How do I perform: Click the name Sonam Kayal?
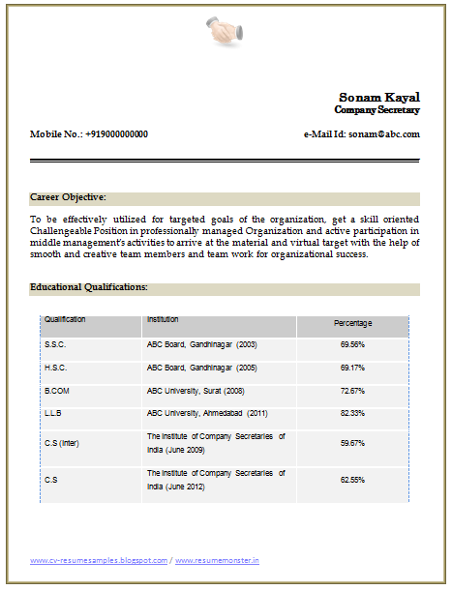(378, 97)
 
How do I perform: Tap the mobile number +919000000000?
(116, 134)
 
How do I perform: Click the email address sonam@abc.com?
(384, 134)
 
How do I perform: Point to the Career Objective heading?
(68, 196)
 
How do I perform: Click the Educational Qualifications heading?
(89, 287)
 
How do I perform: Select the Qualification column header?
(65, 319)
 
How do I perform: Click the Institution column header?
(163, 319)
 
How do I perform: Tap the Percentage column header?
(352, 323)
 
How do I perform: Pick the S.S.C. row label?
(55, 344)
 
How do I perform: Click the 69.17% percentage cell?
(352, 368)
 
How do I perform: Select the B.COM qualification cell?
(57, 391)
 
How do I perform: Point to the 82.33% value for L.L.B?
(352, 413)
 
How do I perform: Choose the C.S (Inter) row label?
(62, 442)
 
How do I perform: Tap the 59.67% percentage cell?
(352, 442)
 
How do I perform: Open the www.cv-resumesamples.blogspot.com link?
(99, 560)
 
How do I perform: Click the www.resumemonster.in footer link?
(218, 560)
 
